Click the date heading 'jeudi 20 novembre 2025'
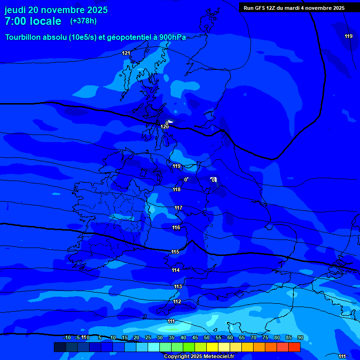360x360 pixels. coord(56,10)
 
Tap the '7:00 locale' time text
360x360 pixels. coord(33,21)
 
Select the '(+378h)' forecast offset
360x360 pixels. coord(83,21)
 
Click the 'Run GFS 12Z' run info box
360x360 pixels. coord(294,7)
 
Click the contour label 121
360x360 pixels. coord(126,53)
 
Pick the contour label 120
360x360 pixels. coord(165,127)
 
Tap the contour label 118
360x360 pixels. coord(177,189)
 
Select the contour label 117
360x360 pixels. coord(179,208)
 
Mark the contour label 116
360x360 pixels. coord(176,227)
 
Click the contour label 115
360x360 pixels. coord(175,252)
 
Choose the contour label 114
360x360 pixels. coord(176,270)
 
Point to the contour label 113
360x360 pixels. coord(178,286)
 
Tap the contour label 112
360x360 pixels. coord(177,301)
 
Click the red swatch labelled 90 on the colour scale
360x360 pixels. coord(294,347)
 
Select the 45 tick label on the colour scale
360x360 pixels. coord(195,337)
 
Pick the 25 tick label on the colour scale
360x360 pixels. coord(148,337)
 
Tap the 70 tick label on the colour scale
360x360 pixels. coord(253,337)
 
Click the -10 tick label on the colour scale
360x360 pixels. coord(67,337)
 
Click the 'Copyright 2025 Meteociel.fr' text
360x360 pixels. coord(199,356)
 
